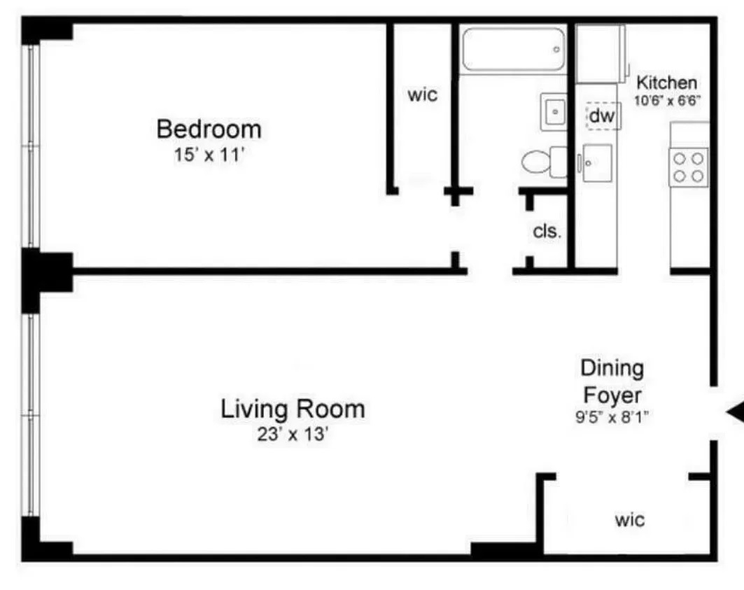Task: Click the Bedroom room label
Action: [x=209, y=129]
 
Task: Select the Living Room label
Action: [x=293, y=408]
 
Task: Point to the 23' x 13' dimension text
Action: [x=293, y=434]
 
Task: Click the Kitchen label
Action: [x=666, y=83]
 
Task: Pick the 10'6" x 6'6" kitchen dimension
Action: [x=668, y=99]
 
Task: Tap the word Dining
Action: [x=612, y=368]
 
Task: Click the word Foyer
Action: [x=612, y=395]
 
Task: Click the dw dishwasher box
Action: [x=601, y=117]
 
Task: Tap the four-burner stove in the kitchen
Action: [x=687, y=167]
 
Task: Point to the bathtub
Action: [x=513, y=49]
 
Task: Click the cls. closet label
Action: [x=547, y=232]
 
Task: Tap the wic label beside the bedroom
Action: [x=423, y=94]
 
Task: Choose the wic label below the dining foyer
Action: [x=630, y=520]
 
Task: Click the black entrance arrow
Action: [x=734, y=414]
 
